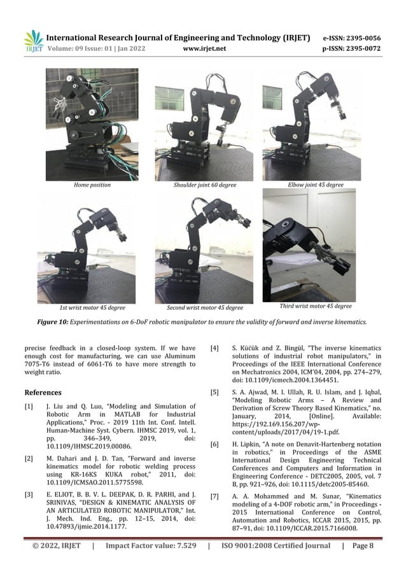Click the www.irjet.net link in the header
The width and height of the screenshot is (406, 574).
coord(204,47)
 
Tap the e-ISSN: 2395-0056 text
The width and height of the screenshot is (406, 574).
coord(352,38)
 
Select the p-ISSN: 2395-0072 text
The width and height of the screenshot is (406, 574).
coord(352,47)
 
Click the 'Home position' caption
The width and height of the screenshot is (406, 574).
coord(92,185)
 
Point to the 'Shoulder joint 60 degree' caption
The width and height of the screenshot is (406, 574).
coord(205,185)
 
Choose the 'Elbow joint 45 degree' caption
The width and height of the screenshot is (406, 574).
coord(316,185)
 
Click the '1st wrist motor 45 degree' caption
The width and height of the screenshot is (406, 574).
coord(92,307)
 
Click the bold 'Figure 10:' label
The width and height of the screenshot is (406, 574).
coord(53,322)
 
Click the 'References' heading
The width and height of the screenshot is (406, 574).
coord(43,393)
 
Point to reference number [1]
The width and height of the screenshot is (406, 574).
coord(28,405)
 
